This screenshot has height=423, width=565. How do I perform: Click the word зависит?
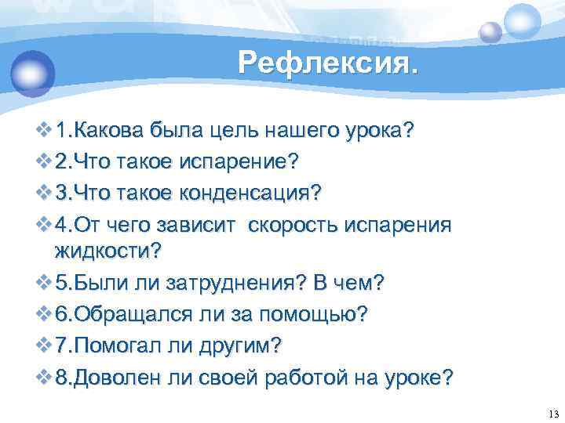[204, 224]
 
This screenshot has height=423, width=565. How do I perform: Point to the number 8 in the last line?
[62, 377]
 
